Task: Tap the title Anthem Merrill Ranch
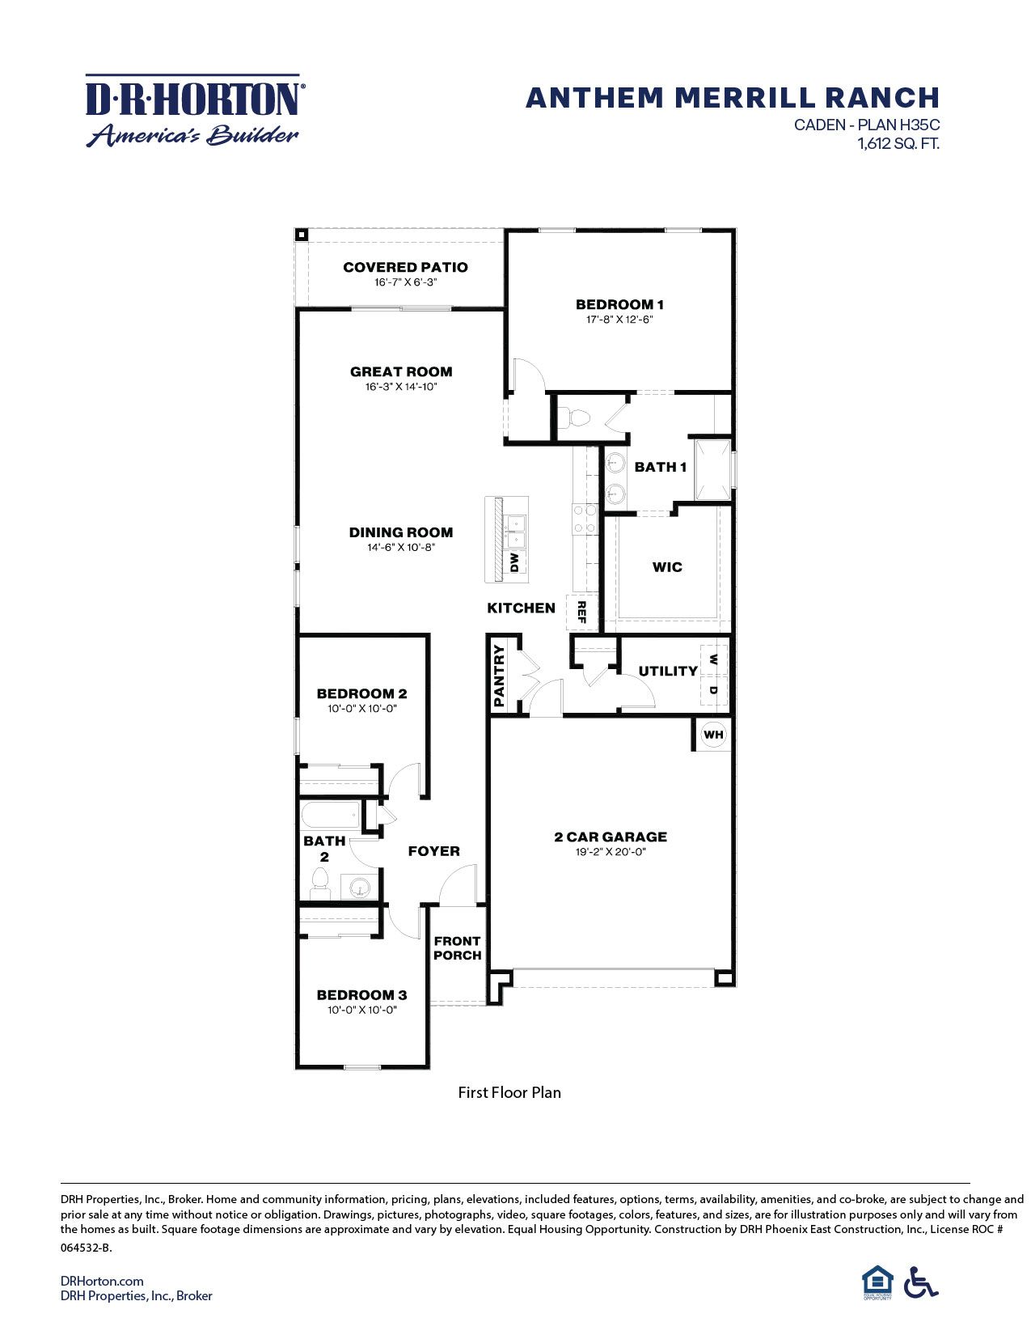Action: pyautogui.click(x=732, y=98)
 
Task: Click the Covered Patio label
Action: pyautogui.click(x=405, y=267)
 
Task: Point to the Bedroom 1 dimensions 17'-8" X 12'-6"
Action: pyautogui.click(x=619, y=320)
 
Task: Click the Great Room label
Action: pyautogui.click(x=401, y=371)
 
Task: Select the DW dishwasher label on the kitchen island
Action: pyautogui.click(x=514, y=562)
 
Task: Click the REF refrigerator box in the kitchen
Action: pyautogui.click(x=581, y=612)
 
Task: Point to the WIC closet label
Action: pyautogui.click(x=667, y=567)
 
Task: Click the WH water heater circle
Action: pyautogui.click(x=713, y=735)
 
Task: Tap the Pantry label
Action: pyautogui.click(x=500, y=676)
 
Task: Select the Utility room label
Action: pyautogui.click(x=667, y=671)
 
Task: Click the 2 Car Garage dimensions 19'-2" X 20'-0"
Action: pyautogui.click(x=611, y=852)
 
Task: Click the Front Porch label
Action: pyautogui.click(x=458, y=947)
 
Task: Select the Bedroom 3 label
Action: pyautogui.click(x=361, y=995)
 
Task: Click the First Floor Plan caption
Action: pyautogui.click(x=509, y=1093)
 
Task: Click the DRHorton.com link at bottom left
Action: pyautogui.click(x=102, y=1281)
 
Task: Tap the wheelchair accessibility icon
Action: pyautogui.click(x=921, y=1282)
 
